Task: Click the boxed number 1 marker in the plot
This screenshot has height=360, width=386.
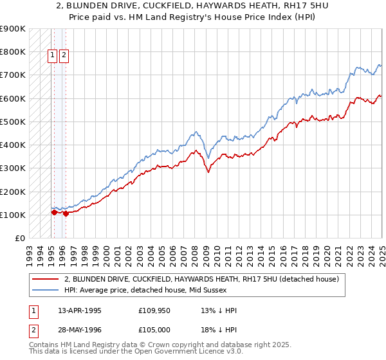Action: (53, 55)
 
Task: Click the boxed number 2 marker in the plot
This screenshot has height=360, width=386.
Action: (65, 55)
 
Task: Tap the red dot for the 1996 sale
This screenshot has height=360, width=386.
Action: (66, 213)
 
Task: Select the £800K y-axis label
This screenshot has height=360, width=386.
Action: (13, 51)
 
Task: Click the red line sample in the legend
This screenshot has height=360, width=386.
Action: (45, 280)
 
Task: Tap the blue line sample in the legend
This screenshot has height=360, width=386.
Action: (45, 291)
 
